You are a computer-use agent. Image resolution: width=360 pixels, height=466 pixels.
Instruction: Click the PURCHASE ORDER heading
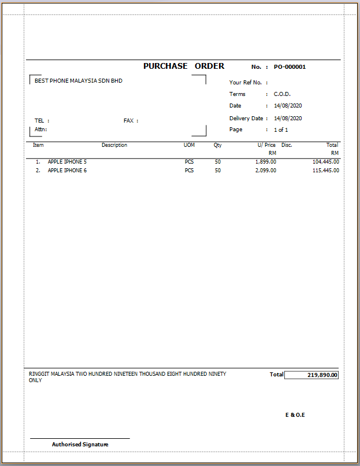pyautogui.click(x=184, y=66)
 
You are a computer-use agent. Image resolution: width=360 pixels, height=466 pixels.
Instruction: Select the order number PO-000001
pyautogui.click(x=290, y=67)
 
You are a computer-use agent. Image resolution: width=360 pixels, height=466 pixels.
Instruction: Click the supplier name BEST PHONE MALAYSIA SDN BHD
pyautogui.click(x=79, y=81)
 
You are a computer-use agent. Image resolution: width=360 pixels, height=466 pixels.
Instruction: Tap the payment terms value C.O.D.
pyautogui.click(x=282, y=94)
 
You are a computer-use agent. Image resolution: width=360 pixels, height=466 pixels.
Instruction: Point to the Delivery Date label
pyautogui.click(x=246, y=119)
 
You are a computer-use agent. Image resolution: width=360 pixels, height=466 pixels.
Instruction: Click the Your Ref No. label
pyautogui.click(x=246, y=83)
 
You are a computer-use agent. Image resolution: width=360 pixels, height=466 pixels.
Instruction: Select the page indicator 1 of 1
pyautogui.click(x=281, y=130)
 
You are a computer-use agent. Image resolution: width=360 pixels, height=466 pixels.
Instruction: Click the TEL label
pyautogui.click(x=39, y=121)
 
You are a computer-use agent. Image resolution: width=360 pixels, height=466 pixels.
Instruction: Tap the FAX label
pyautogui.click(x=128, y=121)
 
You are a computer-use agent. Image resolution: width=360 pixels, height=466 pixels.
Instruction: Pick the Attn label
pyautogui.click(x=40, y=130)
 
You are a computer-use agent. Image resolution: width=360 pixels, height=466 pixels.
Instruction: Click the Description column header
pyautogui.click(x=114, y=145)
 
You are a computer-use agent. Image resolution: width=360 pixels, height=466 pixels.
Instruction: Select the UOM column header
pyautogui.click(x=189, y=145)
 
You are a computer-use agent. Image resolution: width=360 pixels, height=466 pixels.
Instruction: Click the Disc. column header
pyautogui.click(x=287, y=145)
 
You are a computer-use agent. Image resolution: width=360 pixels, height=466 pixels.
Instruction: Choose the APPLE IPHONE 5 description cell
pyautogui.click(x=67, y=162)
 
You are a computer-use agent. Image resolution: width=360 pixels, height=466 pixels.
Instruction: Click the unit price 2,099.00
pyautogui.click(x=266, y=171)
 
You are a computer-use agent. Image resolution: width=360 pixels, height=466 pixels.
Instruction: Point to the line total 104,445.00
pyautogui.click(x=326, y=162)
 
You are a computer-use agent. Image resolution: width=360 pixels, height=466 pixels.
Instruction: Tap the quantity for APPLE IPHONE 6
pyautogui.click(x=218, y=171)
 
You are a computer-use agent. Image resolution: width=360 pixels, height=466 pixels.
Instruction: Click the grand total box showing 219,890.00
pyautogui.click(x=311, y=375)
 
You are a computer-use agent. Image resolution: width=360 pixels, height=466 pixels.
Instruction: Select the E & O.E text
pyautogui.click(x=295, y=415)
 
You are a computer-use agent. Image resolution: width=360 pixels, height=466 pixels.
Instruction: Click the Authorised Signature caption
pyautogui.click(x=80, y=445)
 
